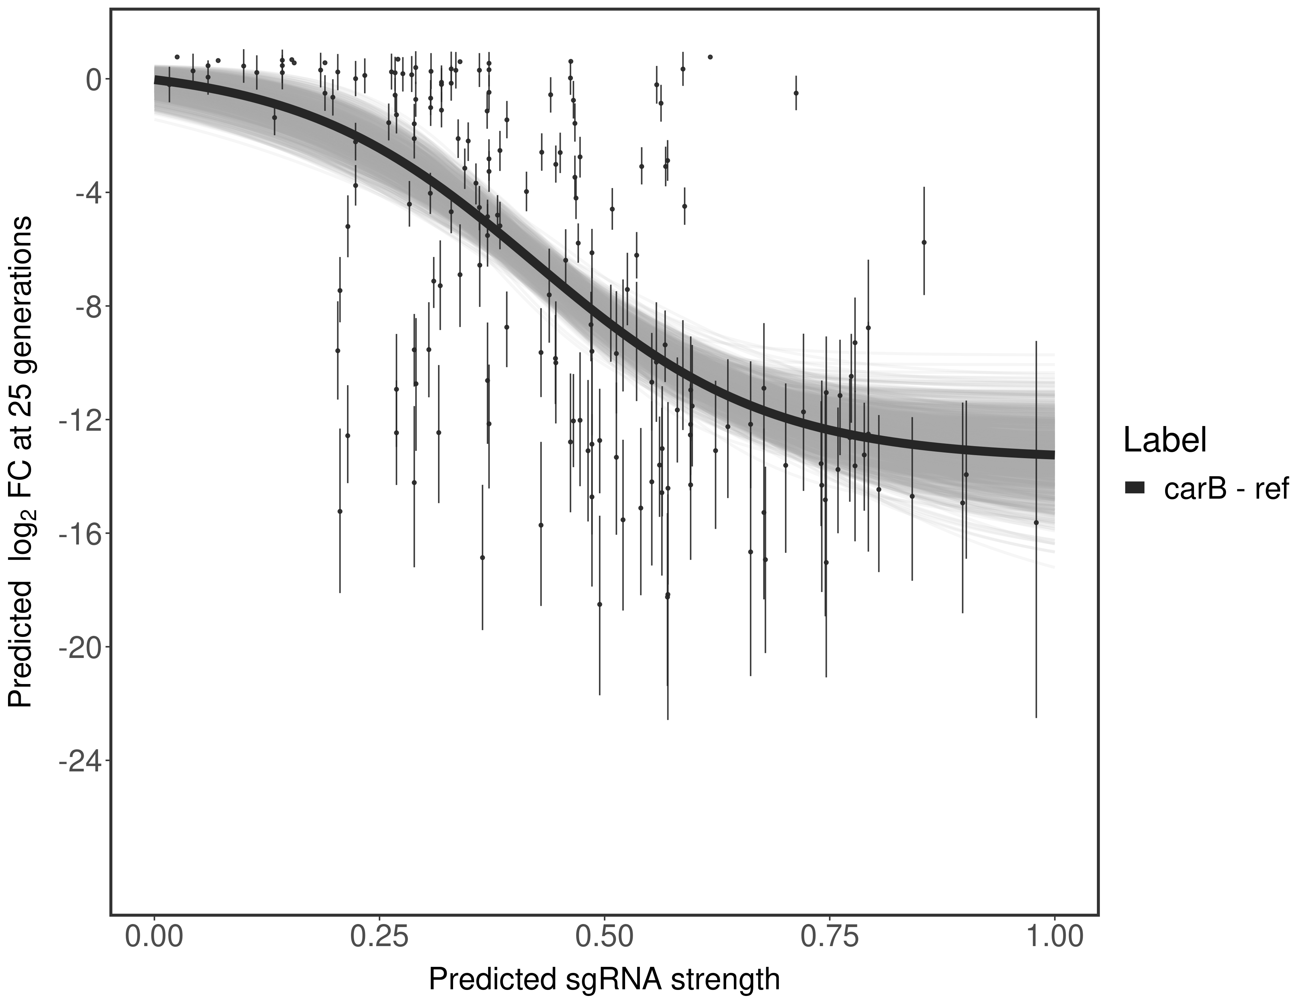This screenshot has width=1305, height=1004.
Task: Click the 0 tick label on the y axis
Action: click(x=94, y=80)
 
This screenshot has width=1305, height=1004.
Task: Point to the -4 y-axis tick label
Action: click(x=87, y=193)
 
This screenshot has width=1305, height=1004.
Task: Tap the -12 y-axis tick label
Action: click(x=81, y=420)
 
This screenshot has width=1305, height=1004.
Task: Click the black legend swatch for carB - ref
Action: click(x=1134, y=488)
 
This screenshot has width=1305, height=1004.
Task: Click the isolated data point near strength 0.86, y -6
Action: click(x=924, y=242)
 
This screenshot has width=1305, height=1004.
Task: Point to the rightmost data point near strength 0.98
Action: click(x=1036, y=522)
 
